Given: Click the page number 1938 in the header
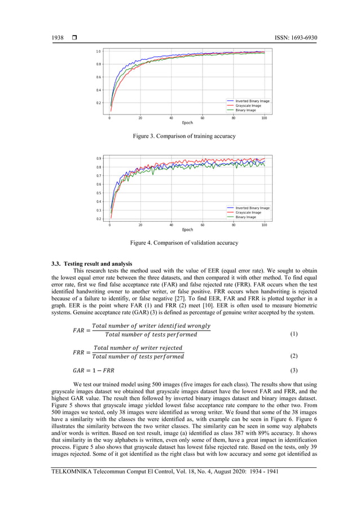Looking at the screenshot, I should click(57, 38).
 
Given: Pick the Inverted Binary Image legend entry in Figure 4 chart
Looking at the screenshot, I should click(252, 208).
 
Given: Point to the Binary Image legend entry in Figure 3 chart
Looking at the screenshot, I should click(245, 110).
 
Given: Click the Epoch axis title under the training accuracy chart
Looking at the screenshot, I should click(187, 122).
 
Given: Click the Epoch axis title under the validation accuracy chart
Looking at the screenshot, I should click(187, 229).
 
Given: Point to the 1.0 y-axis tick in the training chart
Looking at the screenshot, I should click(98, 51).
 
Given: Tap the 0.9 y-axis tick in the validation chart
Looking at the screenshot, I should click(98, 159).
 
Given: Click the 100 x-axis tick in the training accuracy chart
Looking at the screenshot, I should click(264, 117).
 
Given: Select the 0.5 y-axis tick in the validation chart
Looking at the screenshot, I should click(98, 193).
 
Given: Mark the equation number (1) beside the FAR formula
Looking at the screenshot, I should click(293, 334).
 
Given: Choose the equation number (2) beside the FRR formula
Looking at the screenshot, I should click(293, 357).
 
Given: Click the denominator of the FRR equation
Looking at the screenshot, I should click(138, 357).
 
